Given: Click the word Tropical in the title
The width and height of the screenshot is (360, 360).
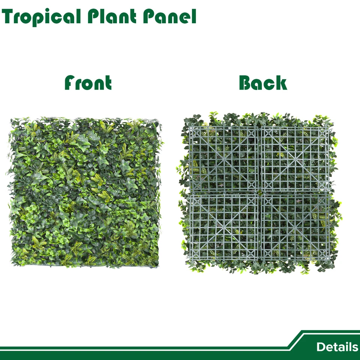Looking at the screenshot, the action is tap(41, 17).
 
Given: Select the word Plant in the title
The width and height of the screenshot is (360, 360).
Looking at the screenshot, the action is tap(112, 16).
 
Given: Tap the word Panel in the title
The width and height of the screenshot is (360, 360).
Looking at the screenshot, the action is tap(169, 16).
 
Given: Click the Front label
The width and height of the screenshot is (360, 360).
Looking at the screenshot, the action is tap(88, 82).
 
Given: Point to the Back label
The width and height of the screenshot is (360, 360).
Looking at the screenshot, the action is tap(263, 82).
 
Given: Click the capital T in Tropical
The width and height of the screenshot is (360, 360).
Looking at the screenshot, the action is tap(9, 16).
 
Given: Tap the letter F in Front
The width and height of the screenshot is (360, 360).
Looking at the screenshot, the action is tap(70, 82).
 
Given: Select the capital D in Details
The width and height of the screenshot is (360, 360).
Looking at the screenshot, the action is tap(321, 347).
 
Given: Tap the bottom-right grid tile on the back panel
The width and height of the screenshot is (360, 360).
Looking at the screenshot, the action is tap(295, 227).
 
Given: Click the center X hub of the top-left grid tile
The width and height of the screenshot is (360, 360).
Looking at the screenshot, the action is tap(224, 159).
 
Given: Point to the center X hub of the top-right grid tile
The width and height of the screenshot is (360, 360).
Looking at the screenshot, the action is tap(295, 159).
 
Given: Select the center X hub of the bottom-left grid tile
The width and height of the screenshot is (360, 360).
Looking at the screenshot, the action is tap(224, 228).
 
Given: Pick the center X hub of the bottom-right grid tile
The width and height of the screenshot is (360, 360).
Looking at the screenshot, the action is tap(295, 228).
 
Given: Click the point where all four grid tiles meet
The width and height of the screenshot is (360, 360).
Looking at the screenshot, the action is tap(259, 193).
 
